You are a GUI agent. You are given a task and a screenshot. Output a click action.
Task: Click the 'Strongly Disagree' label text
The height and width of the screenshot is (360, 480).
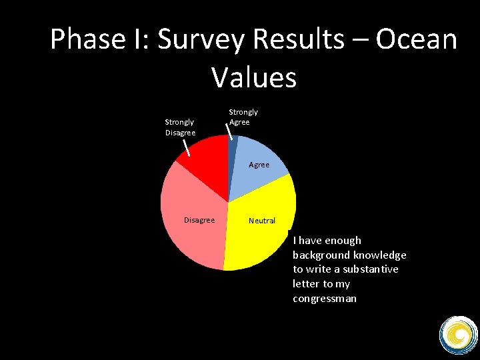pos(180,127)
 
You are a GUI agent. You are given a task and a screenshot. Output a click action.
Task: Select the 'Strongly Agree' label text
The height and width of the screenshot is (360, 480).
pos(243,117)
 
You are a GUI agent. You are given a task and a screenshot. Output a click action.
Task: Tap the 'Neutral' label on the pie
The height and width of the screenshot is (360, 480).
pos(261,221)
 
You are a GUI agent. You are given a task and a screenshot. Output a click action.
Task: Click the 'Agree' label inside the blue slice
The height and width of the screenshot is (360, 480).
pos(259,165)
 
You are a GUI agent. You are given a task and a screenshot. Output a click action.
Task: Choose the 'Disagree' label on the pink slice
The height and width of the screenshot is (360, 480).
pos(199,220)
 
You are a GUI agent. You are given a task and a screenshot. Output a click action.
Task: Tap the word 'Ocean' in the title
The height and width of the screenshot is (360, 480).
pos(416,40)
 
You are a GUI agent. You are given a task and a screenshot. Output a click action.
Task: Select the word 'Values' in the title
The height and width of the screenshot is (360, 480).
pos(254,77)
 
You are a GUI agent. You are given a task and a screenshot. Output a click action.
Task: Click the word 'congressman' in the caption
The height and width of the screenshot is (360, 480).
pos(324,299)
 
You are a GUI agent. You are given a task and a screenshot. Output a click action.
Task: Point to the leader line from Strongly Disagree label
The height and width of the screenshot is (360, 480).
pos(187,147)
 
